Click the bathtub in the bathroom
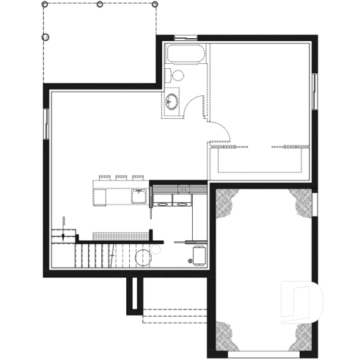click(185, 55)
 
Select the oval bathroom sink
click(172, 101)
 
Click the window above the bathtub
click(186, 37)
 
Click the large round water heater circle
click(144, 258)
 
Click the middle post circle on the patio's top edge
click(100, 4)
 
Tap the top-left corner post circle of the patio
click(45, 4)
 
